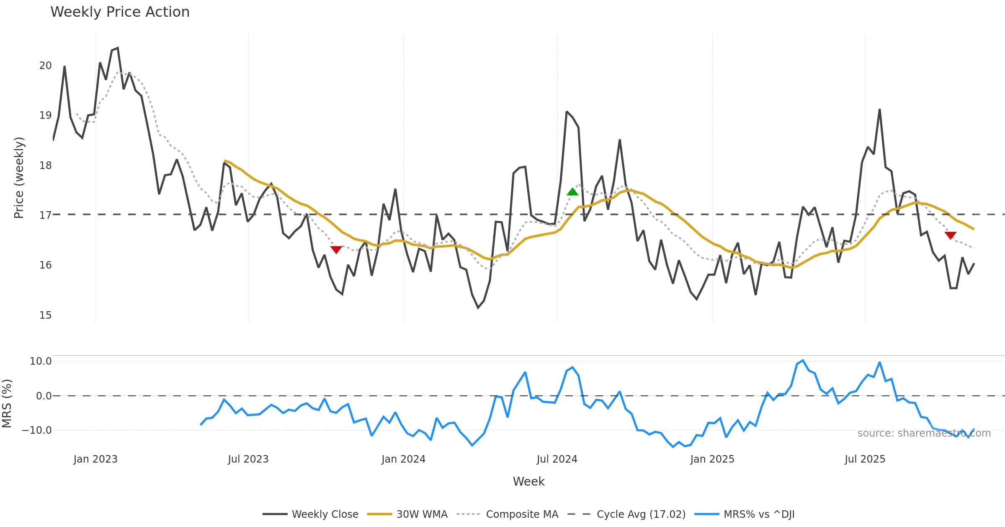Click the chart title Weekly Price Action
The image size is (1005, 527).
click(x=120, y=12)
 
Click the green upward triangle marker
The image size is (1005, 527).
click(x=572, y=192)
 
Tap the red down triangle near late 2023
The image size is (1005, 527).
click(x=336, y=250)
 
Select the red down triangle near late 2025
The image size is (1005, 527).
click(x=951, y=235)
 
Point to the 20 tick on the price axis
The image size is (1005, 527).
click(x=45, y=66)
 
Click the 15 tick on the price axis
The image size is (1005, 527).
click(x=45, y=315)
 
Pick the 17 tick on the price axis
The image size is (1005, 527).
click(x=45, y=215)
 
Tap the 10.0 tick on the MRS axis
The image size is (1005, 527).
click(x=41, y=361)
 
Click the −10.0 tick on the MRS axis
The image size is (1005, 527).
click(x=37, y=430)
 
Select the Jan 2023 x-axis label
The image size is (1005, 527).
click(x=95, y=459)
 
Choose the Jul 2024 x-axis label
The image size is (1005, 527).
click(x=557, y=459)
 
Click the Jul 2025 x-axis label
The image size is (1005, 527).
click(x=865, y=459)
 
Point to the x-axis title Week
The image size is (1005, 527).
click(x=528, y=482)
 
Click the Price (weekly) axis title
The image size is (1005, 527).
click(x=19, y=178)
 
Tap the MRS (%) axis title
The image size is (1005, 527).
click(x=7, y=404)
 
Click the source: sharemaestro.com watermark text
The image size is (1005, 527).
click(x=924, y=433)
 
